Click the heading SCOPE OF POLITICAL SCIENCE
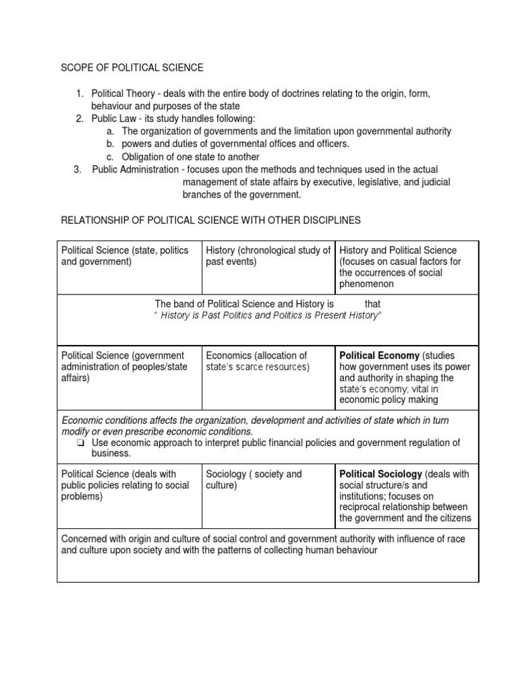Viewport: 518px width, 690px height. click(x=132, y=67)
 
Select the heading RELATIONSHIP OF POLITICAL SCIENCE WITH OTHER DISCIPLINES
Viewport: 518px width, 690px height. click(x=211, y=220)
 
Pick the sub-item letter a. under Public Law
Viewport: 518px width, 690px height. click(x=111, y=131)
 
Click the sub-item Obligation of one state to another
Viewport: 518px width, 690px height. click(x=190, y=156)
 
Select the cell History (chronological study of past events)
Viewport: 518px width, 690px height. click(x=268, y=256)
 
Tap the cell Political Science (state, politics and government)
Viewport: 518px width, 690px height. click(x=125, y=256)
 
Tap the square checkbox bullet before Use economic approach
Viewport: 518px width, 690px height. click(x=80, y=443)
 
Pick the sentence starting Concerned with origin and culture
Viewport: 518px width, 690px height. click(x=263, y=544)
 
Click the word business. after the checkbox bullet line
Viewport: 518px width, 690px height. click(x=110, y=453)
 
